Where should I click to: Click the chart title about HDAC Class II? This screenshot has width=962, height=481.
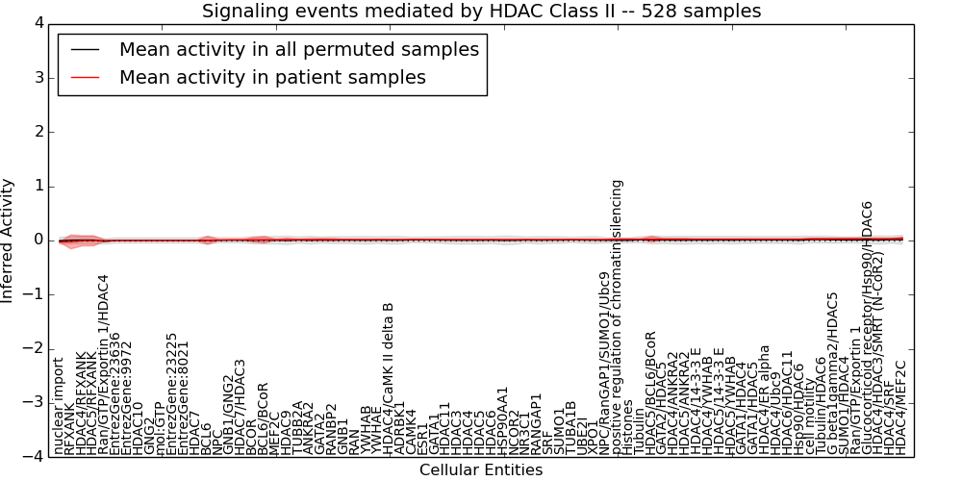tap(481, 12)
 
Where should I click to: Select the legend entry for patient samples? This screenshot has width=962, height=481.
tap(272, 77)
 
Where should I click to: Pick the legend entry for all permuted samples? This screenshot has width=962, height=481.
tap(298, 49)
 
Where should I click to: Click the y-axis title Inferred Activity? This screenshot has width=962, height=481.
tap(9, 240)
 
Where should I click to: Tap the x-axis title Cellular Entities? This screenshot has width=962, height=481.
tap(481, 470)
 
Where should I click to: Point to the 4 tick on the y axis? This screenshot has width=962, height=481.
tap(38, 23)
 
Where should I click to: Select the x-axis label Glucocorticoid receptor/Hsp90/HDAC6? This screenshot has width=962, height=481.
tap(867, 327)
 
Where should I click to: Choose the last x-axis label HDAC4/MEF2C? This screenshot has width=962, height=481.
tap(900, 408)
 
